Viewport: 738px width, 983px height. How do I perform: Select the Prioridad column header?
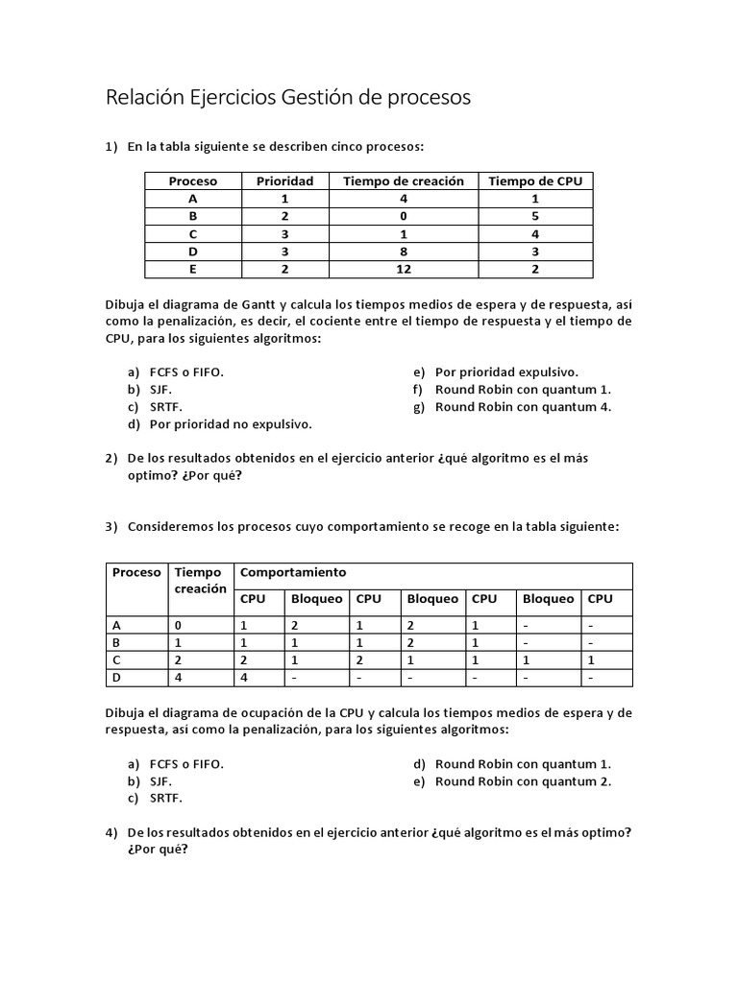click(x=284, y=180)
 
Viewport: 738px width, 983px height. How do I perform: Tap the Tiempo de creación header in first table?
click(x=403, y=180)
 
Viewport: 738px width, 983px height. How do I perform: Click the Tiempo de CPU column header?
click(x=535, y=180)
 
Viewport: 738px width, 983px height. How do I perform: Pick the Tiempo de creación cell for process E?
click(x=403, y=269)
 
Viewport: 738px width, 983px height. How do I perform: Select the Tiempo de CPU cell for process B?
click(x=535, y=216)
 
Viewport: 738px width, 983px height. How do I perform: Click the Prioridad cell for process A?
click(x=284, y=199)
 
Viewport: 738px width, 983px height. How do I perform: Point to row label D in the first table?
click(x=193, y=252)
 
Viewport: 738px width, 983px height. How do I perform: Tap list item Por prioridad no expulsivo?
click(x=231, y=423)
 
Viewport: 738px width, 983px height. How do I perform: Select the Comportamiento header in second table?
click(x=293, y=572)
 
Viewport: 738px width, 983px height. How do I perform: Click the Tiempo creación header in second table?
click(x=200, y=580)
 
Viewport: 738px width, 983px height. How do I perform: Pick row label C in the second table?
click(x=116, y=659)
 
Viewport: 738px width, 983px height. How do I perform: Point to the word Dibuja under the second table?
click(x=126, y=713)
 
